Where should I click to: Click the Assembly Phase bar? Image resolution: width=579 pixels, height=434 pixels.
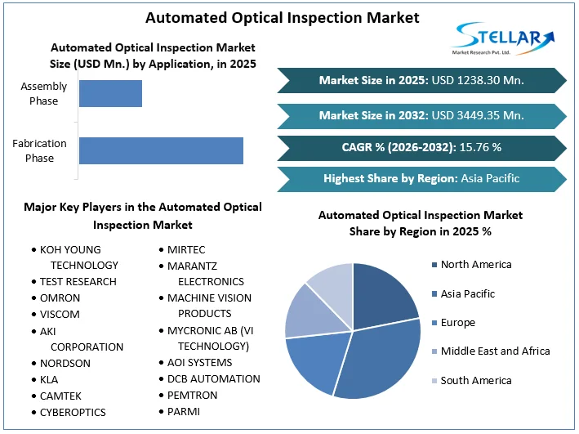pos(110,93)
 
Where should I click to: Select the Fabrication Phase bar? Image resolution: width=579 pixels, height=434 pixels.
pos(161,150)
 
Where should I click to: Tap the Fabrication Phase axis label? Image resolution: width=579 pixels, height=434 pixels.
pos(39,150)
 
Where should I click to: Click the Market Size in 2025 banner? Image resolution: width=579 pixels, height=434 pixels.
pos(421,80)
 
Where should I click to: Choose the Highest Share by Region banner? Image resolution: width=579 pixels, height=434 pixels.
pos(421,178)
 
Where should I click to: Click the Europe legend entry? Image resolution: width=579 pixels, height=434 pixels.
pos(457,322)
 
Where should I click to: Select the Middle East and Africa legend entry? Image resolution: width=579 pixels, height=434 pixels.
pos(495,351)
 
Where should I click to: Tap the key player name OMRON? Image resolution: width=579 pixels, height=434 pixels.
pos(60,298)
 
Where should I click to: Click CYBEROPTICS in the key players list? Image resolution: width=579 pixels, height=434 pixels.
pos(73,412)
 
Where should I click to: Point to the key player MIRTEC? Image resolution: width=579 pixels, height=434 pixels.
pos(186,249)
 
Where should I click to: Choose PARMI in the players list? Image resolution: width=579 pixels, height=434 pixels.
pos(184,411)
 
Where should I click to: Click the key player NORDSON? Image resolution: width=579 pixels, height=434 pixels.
pos(65,363)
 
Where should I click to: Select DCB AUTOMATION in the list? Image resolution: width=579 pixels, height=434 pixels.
pos(214,378)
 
